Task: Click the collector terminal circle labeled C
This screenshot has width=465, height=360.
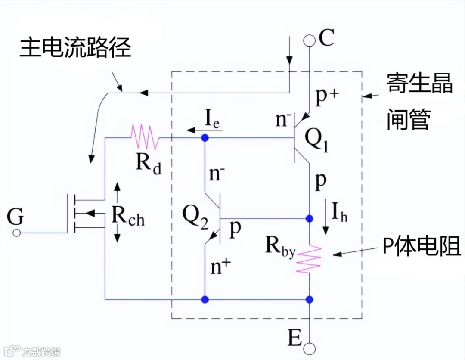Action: (x=309, y=40)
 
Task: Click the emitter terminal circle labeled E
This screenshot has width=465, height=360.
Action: (x=309, y=348)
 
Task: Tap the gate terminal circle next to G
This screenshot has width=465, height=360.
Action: (x=16, y=233)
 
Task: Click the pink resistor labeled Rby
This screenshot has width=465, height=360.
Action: (x=309, y=259)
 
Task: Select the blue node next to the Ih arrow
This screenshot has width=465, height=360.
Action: (x=309, y=219)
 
